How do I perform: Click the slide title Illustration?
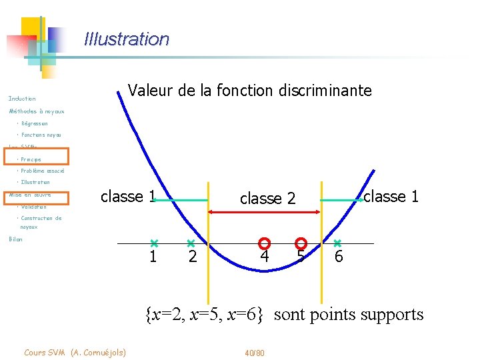[127, 39]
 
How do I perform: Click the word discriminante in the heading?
[325, 91]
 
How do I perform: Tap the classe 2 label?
[267, 199]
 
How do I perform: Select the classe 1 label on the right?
[391, 197]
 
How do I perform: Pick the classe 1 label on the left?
[127, 197]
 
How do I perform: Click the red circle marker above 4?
[264, 243]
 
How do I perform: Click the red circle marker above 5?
[301, 243]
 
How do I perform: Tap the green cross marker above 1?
[153, 243]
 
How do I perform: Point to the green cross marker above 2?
[191, 243]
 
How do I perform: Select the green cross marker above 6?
[337, 243]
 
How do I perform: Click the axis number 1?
[153, 257]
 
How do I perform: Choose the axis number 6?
[339, 257]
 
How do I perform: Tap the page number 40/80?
[255, 352]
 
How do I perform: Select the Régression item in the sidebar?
[34, 123]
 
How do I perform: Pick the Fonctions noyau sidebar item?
[41, 135]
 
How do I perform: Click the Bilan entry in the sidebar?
[15, 239]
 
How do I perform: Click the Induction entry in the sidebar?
[22, 99]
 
